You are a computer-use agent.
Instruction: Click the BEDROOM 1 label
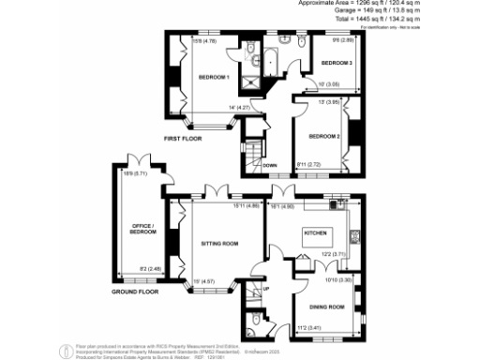[215, 76]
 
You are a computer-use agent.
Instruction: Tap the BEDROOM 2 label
[324, 135]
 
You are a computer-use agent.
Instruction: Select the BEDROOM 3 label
[337, 62]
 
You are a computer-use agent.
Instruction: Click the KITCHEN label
[312, 231]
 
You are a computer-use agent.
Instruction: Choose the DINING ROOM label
[326, 307]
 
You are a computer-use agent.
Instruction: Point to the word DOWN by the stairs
[269, 165]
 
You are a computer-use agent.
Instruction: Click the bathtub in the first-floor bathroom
[265, 62]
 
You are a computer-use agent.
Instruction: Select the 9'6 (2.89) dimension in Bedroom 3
[341, 40]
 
